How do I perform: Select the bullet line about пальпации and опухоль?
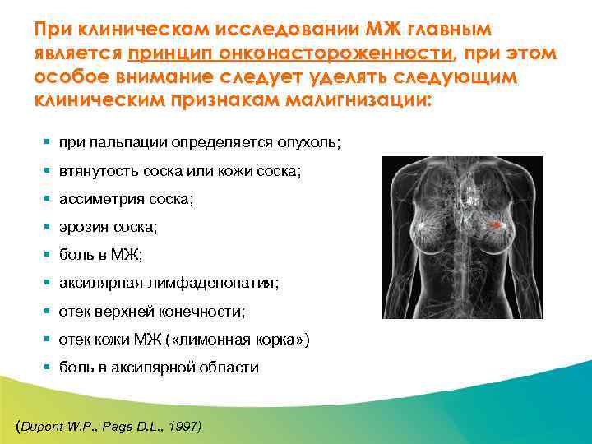200,142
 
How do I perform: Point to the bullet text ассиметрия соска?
126,199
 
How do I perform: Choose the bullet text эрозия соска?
108,227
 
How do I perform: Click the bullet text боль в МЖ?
100,255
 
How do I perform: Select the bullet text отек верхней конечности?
152,312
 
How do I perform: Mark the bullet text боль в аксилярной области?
159,368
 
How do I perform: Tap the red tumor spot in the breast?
495,224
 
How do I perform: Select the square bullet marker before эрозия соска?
47,227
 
